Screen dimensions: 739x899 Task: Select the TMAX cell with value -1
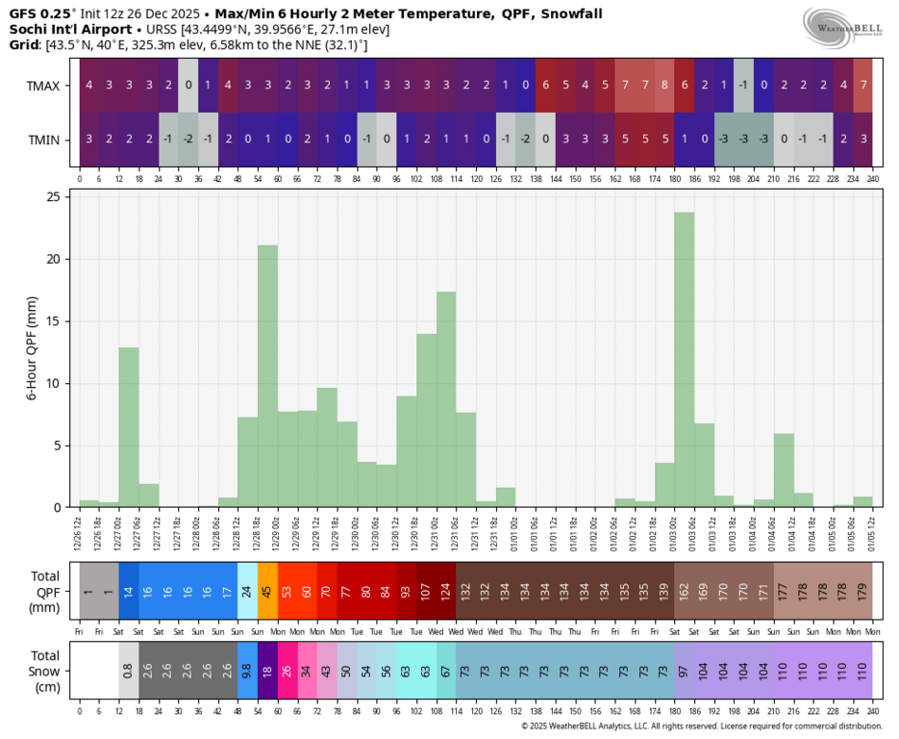pos(743,85)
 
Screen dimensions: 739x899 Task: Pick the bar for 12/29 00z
pos(267,375)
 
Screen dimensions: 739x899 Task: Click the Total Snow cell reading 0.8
pos(129,671)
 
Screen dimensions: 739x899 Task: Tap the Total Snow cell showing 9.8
pos(247,671)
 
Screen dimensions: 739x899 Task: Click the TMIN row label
pos(43,140)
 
